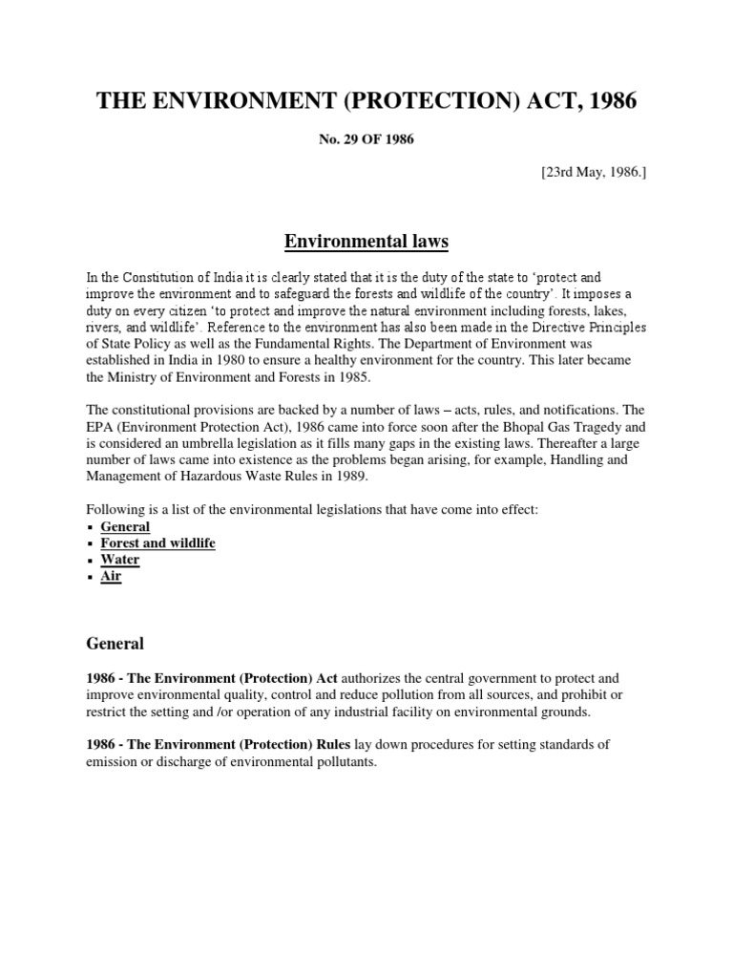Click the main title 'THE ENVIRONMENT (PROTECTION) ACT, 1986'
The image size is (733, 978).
366,102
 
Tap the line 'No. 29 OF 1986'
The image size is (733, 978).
366,139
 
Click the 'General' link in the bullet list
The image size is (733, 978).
125,526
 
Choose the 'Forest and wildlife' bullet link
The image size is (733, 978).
157,542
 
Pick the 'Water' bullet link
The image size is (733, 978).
120,560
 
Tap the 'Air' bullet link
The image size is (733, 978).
111,576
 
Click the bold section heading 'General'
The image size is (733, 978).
115,644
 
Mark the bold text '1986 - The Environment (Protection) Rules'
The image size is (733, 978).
218,744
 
